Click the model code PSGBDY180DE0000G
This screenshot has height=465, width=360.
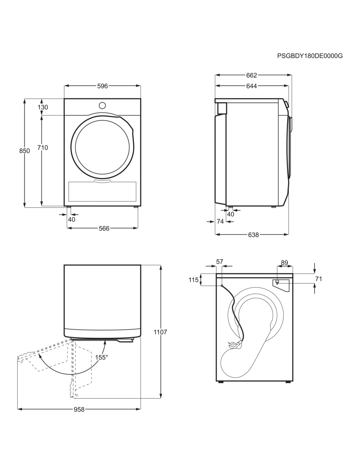click(x=310, y=56)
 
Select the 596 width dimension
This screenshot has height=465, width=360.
click(x=102, y=86)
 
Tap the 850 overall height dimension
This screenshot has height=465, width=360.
click(x=25, y=151)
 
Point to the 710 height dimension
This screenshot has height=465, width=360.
click(x=43, y=147)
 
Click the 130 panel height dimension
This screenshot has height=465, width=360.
click(x=43, y=107)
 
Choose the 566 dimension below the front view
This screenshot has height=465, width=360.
click(x=104, y=228)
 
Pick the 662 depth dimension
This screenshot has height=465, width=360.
click(x=251, y=75)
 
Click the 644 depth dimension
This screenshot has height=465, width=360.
click(x=251, y=86)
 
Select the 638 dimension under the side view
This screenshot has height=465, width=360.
click(x=253, y=235)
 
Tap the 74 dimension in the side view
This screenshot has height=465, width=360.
click(x=220, y=221)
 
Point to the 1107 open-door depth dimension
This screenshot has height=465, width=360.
click(x=160, y=332)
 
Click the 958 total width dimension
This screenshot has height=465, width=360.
click(x=79, y=409)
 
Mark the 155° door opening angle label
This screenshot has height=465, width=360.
click(x=101, y=357)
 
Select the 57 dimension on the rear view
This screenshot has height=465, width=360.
click(x=220, y=262)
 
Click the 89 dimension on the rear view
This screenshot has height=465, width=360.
click(x=284, y=263)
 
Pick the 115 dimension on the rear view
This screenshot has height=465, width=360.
click(x=193, y=280)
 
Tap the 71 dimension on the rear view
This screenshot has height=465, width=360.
click(x=319, y=279)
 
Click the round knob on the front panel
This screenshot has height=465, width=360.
click(x=102, y=106)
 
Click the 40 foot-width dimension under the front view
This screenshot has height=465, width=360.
click(x=72, y=219)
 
